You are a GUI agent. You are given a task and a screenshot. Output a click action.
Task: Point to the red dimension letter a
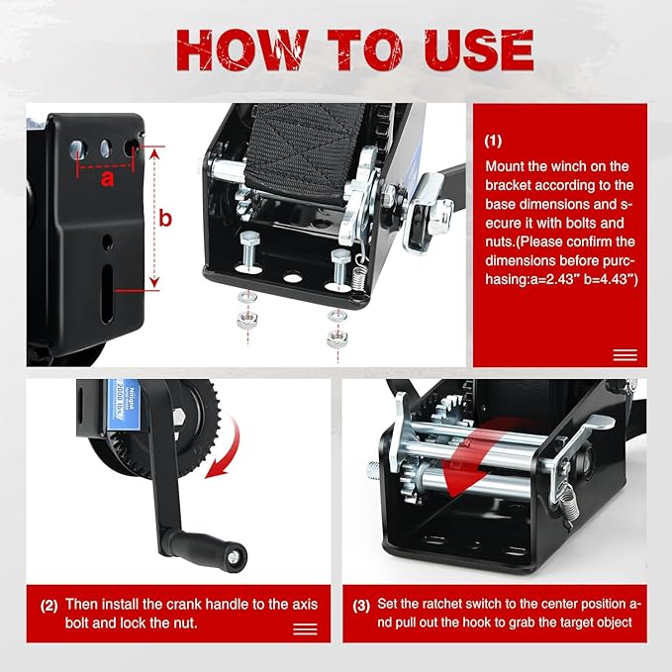coord(107,179)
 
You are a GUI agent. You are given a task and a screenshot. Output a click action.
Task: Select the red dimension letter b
coord(166,218)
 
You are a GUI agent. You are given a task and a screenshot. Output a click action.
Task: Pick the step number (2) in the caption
coord(48,603)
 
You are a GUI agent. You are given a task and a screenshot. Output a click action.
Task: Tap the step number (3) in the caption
coord(362,603)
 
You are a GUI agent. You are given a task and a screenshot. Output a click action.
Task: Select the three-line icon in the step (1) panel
coord(624,355)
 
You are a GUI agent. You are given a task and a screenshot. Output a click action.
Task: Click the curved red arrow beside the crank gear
coord(226,450)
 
